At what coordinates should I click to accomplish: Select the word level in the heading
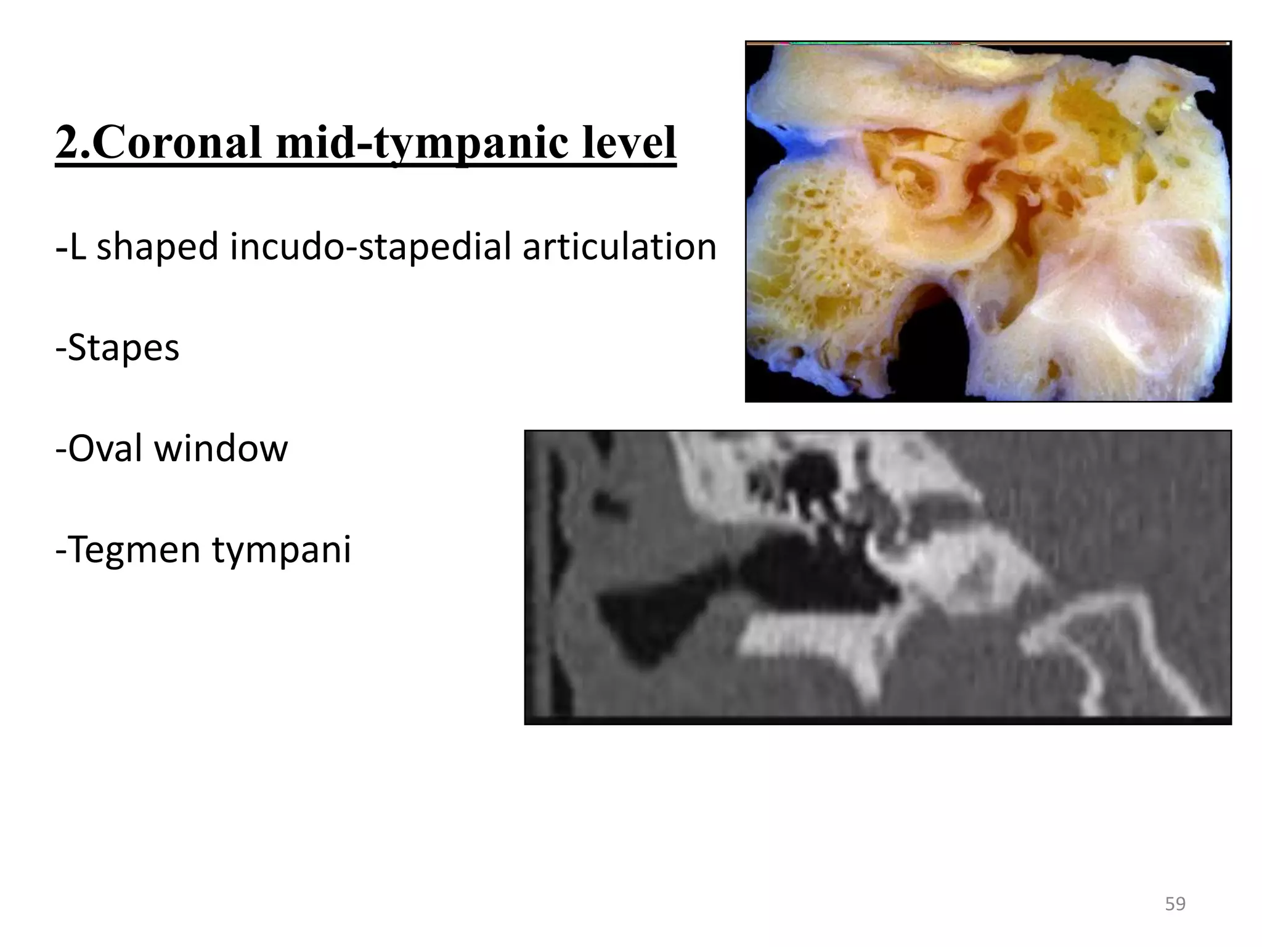tap(622, 143)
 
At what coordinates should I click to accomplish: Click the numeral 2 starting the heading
tap(67, 143)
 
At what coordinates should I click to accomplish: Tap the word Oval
tap(105, 448)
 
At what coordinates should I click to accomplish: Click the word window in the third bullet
tap(221, 448)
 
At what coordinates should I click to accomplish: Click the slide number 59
tap(1175, 904)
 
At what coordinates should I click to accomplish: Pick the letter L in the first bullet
tap(77, 248)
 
